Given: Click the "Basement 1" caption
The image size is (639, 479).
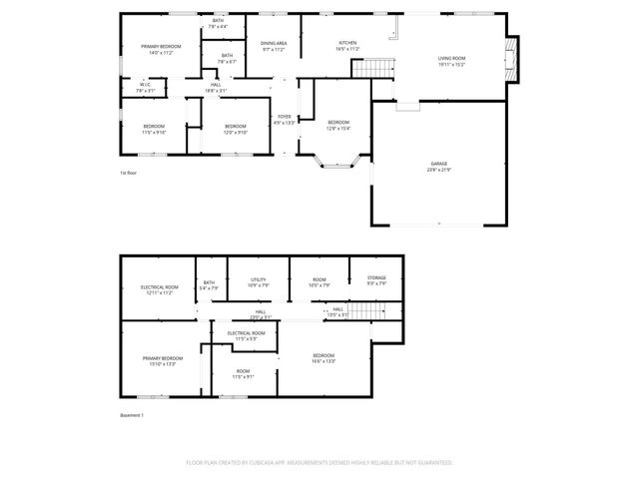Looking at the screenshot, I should click(132, 415).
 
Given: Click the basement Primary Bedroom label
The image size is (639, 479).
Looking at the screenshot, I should click(161, 361).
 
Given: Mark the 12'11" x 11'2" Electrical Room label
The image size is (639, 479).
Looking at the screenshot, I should click(159, 289).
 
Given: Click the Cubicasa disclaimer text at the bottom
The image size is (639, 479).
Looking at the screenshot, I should click(319, 463).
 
